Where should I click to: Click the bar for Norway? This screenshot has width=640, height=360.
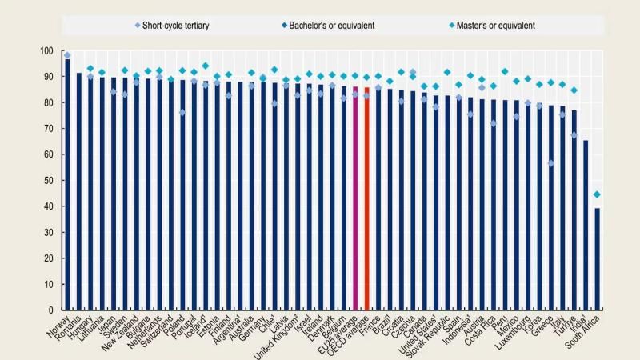(67, 184)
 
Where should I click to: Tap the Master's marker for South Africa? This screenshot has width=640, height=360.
(597, 194)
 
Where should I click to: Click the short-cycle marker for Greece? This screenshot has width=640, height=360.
(551, 163)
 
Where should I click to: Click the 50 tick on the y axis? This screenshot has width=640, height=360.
(49, 181)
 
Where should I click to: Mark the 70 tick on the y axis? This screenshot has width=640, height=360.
(49, 129)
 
